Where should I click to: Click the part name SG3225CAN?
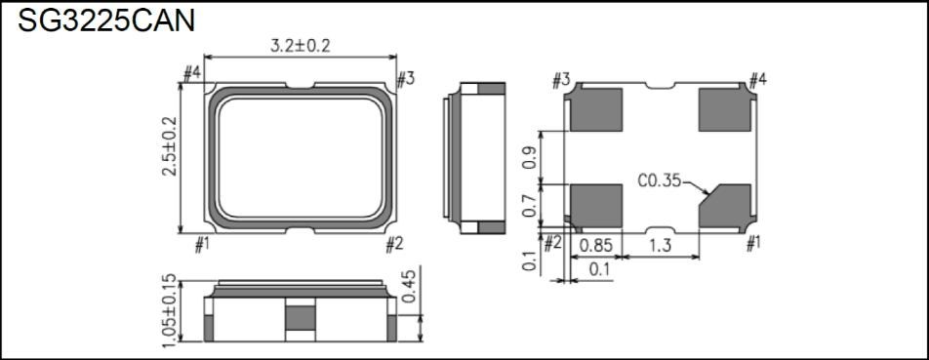point(105,20)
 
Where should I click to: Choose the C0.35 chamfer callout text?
point(661,180)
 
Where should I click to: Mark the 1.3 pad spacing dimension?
point(662,245)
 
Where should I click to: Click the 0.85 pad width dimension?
point(596,245)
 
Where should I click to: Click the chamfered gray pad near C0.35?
point(725,204)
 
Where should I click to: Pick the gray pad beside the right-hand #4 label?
point(724,109)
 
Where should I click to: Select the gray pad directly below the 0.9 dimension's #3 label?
point(595,109)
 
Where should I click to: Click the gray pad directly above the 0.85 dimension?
point(595,204)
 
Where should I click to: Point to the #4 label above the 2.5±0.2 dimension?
point(191,73)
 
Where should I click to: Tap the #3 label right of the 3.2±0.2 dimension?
point(406,78)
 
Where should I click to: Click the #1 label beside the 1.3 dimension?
point(752,244)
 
